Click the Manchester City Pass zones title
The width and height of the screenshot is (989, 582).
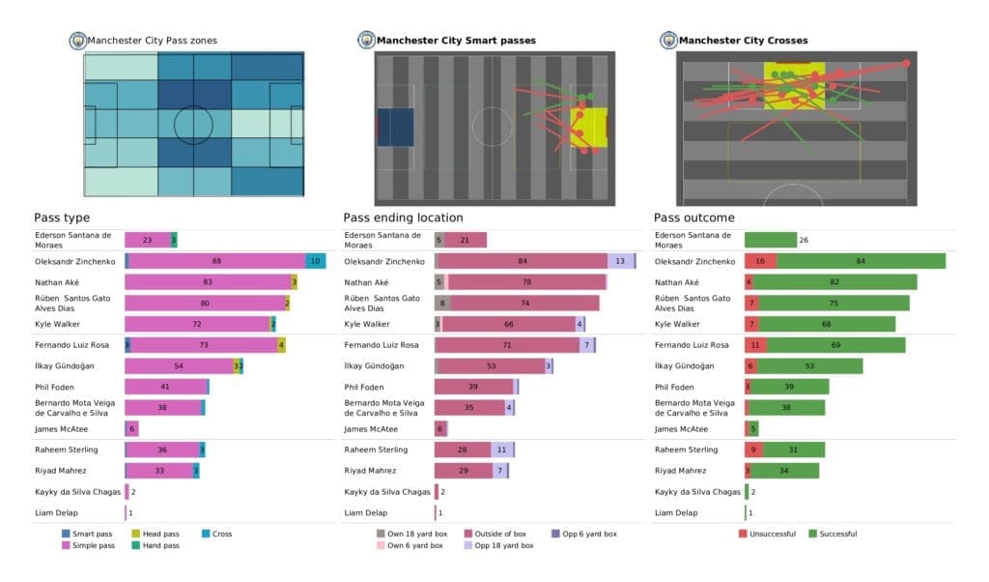152,41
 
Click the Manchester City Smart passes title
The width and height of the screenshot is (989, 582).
455,41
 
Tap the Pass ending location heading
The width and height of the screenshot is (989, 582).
403,218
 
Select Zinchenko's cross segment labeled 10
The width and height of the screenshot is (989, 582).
316,261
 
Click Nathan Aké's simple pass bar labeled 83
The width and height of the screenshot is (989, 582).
208,282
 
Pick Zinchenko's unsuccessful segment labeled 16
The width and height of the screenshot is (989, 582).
760,261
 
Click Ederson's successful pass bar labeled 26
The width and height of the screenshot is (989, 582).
770,240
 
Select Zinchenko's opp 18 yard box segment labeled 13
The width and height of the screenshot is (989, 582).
620,261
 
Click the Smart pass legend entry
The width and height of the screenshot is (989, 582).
93,534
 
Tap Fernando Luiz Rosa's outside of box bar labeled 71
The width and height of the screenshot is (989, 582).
506,345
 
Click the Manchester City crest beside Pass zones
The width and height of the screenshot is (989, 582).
77,41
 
